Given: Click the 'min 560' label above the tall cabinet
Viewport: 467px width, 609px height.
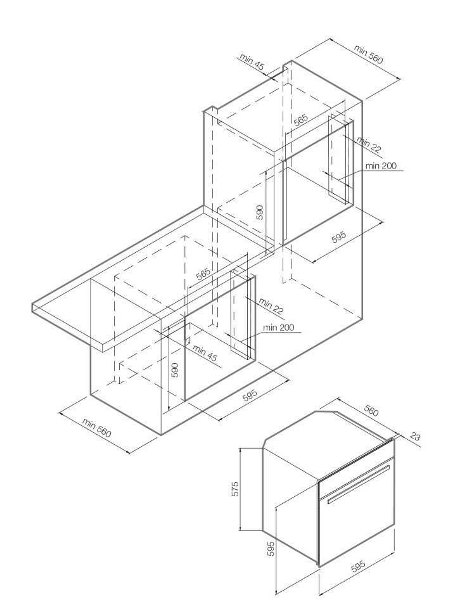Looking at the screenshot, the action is (x=368, y=54).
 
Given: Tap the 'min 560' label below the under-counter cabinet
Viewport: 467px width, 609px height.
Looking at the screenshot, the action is (x=97, y=428).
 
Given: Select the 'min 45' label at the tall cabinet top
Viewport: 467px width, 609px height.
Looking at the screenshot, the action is (x=252, y=61).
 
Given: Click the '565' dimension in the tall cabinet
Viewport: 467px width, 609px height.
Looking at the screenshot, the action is (x=300, y=120).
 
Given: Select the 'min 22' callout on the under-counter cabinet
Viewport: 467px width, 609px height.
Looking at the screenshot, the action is (x=271, y=306).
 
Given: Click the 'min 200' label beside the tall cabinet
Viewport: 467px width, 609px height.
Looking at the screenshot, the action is (x=381, y=166).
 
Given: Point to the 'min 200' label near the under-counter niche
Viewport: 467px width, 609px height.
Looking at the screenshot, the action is (x=279, y=328).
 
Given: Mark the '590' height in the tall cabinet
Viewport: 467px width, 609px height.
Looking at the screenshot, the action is (x=260, y=212).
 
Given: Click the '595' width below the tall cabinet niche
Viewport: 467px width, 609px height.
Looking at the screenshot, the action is (x=338, y=237).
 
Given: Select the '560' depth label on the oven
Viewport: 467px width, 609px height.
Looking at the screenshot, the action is (x=371, y=411).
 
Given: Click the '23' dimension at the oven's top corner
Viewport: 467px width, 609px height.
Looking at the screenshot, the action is (x=414, y=437).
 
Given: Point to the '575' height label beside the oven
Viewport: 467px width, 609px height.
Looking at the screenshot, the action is (x=234, y=489).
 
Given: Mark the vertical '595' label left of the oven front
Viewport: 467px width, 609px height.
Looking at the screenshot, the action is (x=271, y=548).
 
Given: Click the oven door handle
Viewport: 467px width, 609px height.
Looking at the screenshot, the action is (x=358, y=484).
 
